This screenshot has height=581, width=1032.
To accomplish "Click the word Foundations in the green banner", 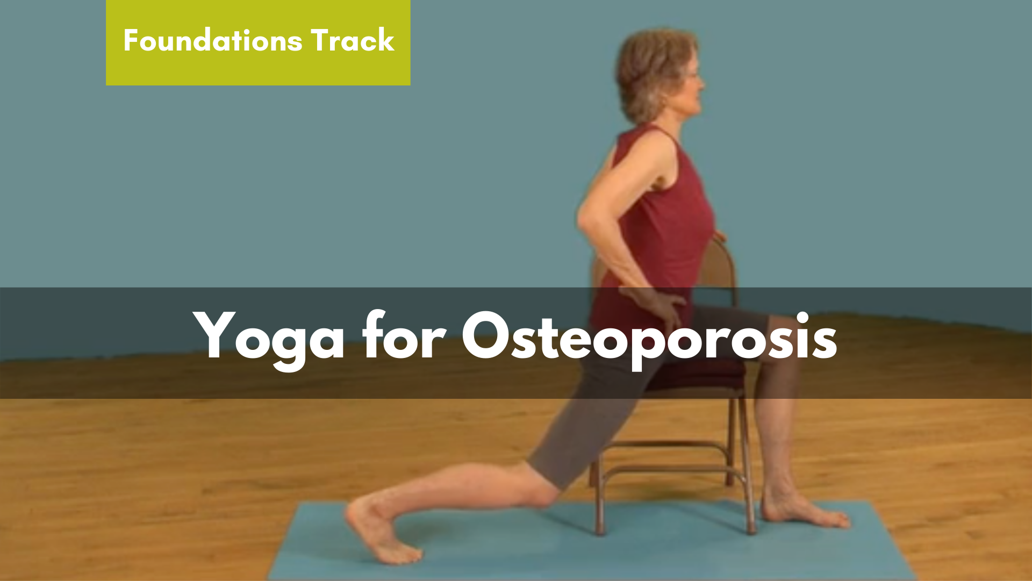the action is [213, 40].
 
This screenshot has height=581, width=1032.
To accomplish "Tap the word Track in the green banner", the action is [353, 40].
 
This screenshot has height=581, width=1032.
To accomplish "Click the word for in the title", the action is [404, 334].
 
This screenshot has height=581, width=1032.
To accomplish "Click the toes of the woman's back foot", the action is [400, 554].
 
